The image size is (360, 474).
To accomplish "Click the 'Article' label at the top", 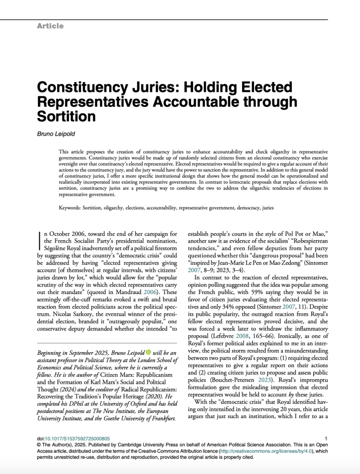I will (x=50, y=26).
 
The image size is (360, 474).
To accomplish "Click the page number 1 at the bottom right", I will (x=326, y=438).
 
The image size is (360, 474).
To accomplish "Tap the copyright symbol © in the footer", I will (x=39, y=444).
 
